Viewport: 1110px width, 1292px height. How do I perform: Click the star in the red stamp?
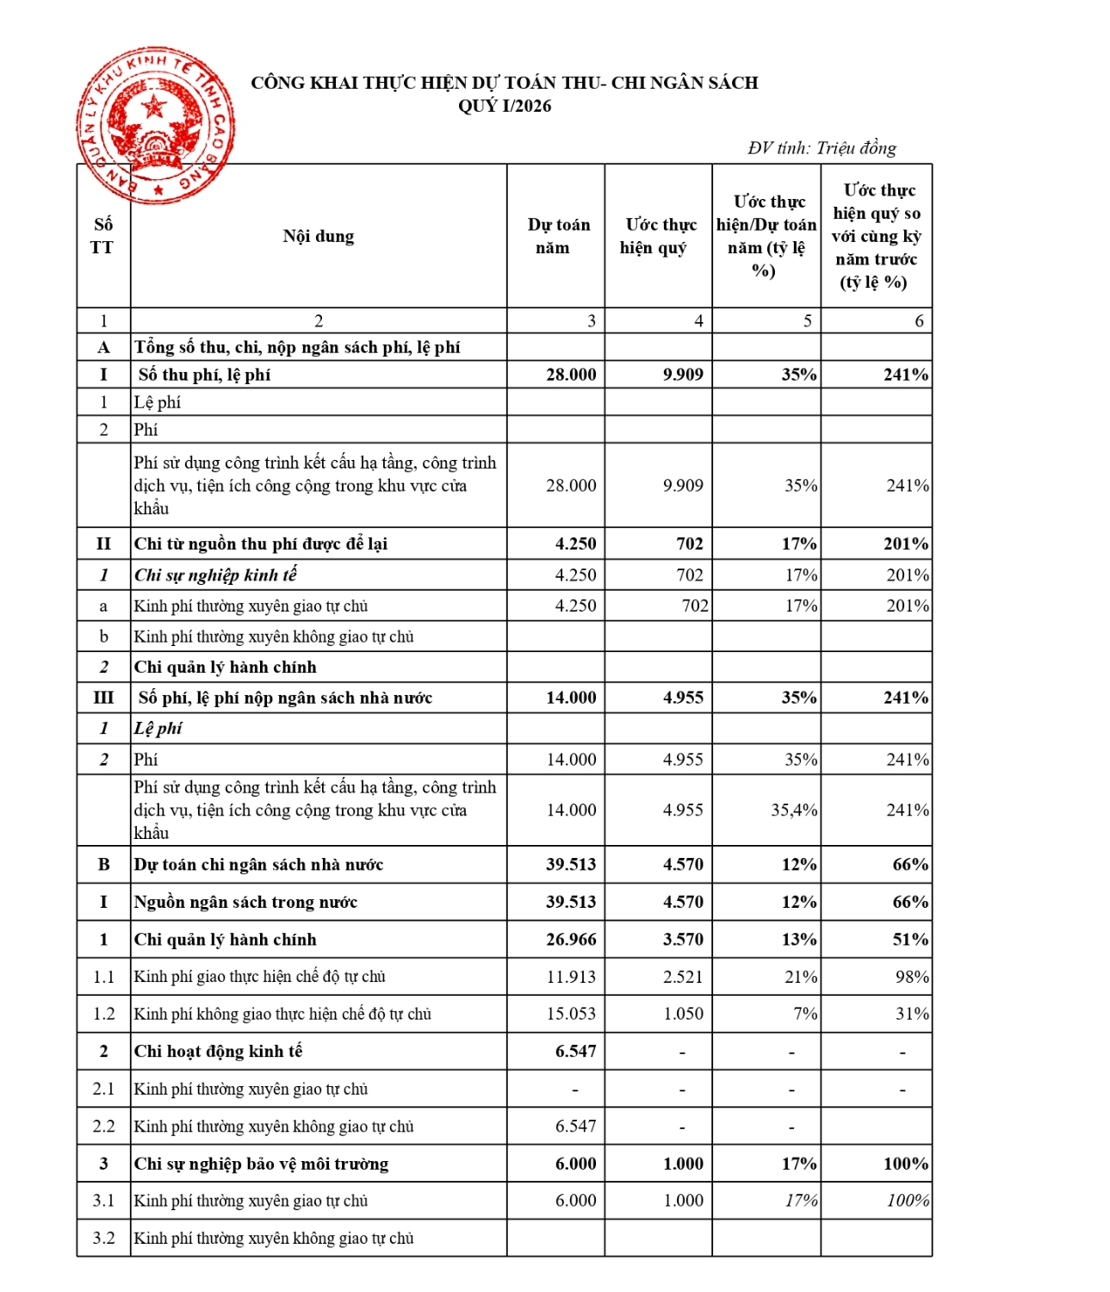[154, 107]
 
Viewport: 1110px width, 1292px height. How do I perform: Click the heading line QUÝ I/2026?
[505, 106]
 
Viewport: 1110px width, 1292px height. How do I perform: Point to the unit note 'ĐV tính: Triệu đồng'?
[822, 148]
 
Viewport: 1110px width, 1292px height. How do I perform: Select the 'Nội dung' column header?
[319, 236]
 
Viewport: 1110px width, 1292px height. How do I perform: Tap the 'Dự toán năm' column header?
[558, 236]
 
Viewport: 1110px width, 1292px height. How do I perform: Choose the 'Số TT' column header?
[102, 236]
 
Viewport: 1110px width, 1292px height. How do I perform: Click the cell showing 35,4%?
[793, 810]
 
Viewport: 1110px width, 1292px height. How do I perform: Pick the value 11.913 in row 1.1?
[571, 977]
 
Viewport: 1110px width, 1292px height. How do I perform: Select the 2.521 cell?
[683, 977]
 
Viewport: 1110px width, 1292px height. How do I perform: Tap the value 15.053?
[571, 1014]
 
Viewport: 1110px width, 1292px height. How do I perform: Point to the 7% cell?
[805, 1014]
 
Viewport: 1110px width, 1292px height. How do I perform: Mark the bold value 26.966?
[571, 939]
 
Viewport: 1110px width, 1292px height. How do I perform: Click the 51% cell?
[910, 939]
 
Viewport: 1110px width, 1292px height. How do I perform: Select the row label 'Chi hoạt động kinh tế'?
[218, 1051]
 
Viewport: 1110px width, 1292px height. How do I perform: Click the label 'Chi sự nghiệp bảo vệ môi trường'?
[261, 1164]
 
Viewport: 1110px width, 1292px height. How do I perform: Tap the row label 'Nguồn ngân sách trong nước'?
[245, 902]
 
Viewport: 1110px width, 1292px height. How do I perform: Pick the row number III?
[103, 698]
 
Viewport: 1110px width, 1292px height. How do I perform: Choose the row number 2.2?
[103, 1126]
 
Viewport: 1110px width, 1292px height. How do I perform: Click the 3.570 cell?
[683, 939]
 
